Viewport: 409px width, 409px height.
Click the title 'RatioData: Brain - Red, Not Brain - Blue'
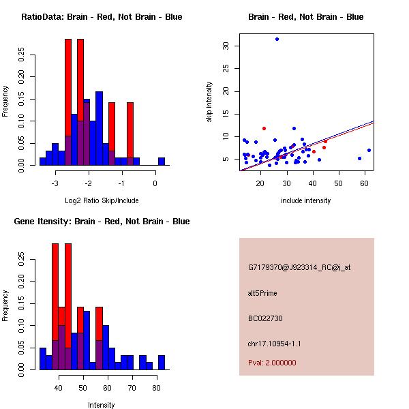pyautogui.click(x=102, y=17)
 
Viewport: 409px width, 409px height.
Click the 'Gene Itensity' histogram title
pyautogui.click(x=102, y=222)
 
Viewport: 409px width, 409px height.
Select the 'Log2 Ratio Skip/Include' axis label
pyautogui.click(x=102, y=200)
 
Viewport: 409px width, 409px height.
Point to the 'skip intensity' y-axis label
pyautogui.click(x=209, y=102)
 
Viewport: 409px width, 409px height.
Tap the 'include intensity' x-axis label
pyautogui.click(x=306, y=200)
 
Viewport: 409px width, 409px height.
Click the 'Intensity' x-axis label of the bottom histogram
pyautogui.click(x=102, y=405)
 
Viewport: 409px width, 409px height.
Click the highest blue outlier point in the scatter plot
pyautogui.click(x=277, y=39)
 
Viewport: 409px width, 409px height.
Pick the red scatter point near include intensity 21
pyautogui.click(x=264, y=128)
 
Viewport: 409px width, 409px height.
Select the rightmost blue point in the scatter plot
pyautogui.click(x=369, y=150)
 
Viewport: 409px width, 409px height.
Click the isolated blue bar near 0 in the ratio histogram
pyautogui.click(x=162, y=162)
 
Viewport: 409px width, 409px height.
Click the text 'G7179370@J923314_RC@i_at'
pyautogui.click(x=299, y=268)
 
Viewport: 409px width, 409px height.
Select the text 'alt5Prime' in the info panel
pyautogui.click(x=262, y=293)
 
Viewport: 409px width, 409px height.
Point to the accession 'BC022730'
pyautogui.click(x=265, y=318)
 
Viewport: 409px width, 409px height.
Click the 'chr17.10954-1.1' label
pyautogui.click(x=273, y=343)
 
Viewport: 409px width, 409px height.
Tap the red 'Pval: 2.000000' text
pyautogui.click(x=272, y=363)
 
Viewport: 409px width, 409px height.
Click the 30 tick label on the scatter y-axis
pyautogui.click(x=226, y=46)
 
